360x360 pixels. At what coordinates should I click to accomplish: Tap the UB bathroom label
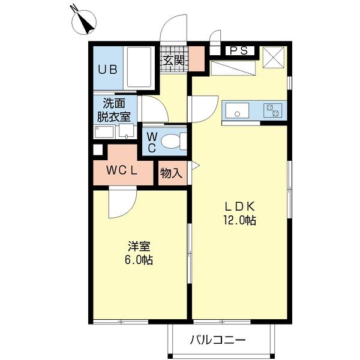[x=107, y=68]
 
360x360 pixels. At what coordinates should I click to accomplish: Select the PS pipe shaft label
[x=238, y=51]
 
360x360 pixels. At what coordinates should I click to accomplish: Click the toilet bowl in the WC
[x=175, y=141]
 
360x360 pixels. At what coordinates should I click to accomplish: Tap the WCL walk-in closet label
[x=122, y=170]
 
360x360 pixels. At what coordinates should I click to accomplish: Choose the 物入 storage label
[x=172, y=173]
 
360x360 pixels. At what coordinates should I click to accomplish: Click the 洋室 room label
[x=139, y=247]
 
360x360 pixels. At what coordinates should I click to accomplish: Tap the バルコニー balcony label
[x=218, y=340]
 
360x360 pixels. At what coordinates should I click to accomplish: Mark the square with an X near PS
[x=274, y=58]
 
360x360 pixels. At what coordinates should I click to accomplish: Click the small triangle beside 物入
[x=194, y=166]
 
